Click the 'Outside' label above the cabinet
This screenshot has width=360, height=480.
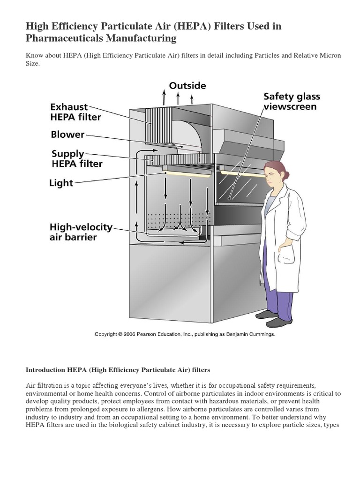coord(187,86)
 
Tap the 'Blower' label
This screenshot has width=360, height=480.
coord(67,135)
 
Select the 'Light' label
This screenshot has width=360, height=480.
coord(61,183)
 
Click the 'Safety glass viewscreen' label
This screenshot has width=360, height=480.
coord(292,101)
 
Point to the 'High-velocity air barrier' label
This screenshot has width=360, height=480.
coord(81,232)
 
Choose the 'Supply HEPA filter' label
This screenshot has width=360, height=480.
coord(76,158)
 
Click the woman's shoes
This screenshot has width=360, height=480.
coord(277,320)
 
